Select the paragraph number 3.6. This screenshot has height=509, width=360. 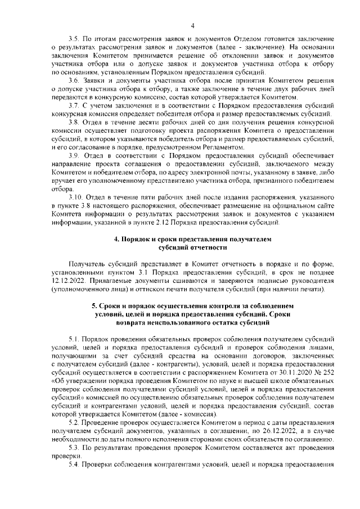coord(73,80)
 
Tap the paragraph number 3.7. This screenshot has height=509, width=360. coord(73,106)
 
